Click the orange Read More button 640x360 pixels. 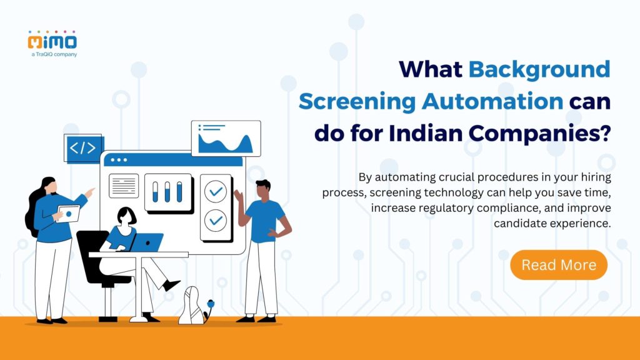(x=559, y=265)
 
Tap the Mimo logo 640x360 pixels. (x=52, y=41)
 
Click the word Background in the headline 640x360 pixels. (x=539, y=69)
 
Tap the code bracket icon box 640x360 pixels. (x=82, y=148)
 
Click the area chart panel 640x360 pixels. (x=226, y=139)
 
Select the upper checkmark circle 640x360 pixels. (x=216, y=192)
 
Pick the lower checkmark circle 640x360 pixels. (x=216, y=220)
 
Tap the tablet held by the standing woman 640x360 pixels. (x=68, y=213)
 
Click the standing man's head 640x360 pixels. (x=263, y=189)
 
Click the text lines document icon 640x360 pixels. (x=124, y=186)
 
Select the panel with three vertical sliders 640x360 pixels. (x=168, y=191)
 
